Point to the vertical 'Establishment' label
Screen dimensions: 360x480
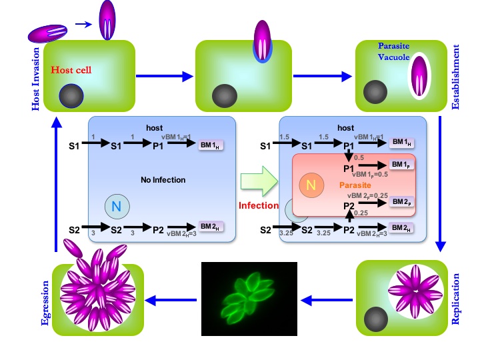pos(456,67)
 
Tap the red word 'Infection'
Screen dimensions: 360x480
pos(258,205)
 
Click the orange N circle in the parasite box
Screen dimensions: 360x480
pos(309,185)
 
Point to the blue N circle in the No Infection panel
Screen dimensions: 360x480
pos(115,207)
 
